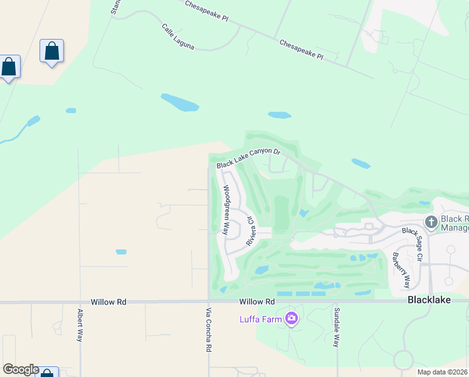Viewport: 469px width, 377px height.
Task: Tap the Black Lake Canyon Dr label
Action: (248, 158)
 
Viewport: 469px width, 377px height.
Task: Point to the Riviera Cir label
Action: (250, 231)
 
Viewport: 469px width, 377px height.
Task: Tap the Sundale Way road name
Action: (337, 327)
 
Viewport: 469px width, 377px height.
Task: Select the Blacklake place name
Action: (429, 300)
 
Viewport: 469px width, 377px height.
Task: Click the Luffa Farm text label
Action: (260, 319)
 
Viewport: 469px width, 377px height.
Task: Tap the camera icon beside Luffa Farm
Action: (291, 319)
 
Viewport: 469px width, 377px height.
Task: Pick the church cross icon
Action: (431, 222)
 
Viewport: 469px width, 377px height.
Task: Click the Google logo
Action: (21, 369)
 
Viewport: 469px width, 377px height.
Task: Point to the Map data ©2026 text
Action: (442, 372)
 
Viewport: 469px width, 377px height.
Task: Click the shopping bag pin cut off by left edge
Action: (8, 67)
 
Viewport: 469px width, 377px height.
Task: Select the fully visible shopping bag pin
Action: (51, 51)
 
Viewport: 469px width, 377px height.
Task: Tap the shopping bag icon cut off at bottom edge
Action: (48, 373)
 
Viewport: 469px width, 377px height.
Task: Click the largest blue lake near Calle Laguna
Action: (180, 102)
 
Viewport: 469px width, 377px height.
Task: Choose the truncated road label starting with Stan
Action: (115, 8)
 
